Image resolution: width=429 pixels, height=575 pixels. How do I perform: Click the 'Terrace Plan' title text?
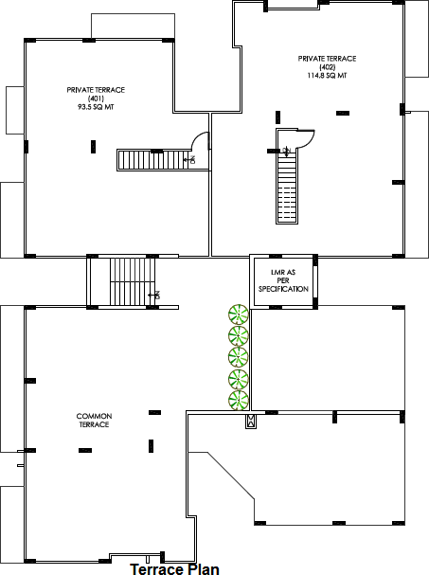174,568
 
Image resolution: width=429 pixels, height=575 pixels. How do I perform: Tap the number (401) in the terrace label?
96,99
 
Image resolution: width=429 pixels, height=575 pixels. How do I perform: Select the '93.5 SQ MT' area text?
96,108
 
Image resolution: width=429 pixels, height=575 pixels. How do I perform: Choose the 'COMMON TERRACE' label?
94,421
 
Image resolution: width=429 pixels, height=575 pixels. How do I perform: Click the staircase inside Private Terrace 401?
151,160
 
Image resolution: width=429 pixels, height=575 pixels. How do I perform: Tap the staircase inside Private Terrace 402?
287,185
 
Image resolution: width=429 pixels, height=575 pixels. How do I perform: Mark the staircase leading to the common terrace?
123,280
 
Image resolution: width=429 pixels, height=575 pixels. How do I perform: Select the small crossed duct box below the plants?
250,421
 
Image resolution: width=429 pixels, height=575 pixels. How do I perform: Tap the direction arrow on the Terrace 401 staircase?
193,160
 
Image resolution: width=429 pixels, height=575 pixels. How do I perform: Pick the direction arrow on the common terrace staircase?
157,295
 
